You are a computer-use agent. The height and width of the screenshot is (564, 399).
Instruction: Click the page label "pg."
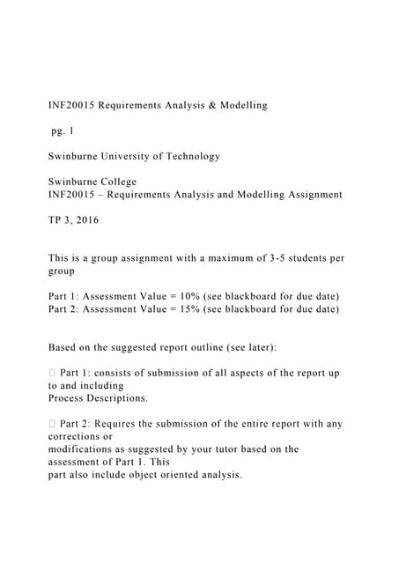click(x=57, y=130)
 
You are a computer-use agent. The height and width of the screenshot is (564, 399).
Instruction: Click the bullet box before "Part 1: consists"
click(x=52, y=373)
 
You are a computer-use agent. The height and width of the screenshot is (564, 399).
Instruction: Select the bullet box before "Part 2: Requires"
click(x=52, y=424)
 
